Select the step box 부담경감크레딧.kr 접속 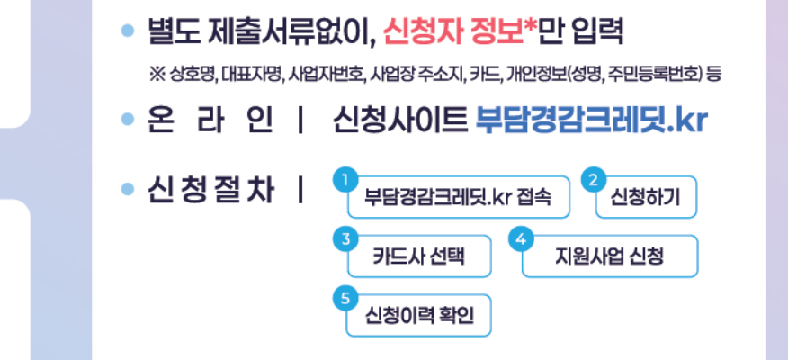[458, 198]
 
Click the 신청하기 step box [646, 198]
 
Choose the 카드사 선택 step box [419, 256]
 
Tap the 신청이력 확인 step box [419, 316]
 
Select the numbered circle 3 [343, 238]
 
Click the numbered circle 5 [343, 298]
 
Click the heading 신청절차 [212, 192]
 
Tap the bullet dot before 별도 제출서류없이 [128, 33]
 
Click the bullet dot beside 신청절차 [128, 192]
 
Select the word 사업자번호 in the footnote [327, 76]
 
